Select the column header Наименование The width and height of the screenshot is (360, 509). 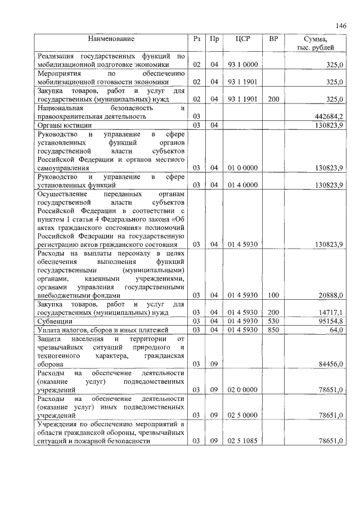111,39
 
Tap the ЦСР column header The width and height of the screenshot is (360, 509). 243,39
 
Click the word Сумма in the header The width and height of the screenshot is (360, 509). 315,39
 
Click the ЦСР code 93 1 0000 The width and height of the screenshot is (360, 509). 243,65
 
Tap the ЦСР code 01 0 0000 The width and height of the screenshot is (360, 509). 243,168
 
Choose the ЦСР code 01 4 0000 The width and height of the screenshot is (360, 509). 243,185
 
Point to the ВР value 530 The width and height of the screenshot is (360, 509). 273,321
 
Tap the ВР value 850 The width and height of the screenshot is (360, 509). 273,330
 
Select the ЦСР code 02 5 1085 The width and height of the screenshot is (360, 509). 243,442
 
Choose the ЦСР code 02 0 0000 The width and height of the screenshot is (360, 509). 243,390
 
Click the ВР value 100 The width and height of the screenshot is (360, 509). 273,295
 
